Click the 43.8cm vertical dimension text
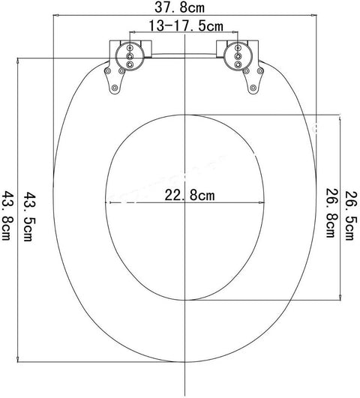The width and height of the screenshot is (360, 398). (x=9, y=217)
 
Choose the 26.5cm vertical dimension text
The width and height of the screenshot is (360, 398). (x=349, y=217)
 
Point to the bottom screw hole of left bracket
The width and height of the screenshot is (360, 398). (x=114, y=91)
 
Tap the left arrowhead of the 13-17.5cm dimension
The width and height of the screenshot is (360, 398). (x=132, y=33)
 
